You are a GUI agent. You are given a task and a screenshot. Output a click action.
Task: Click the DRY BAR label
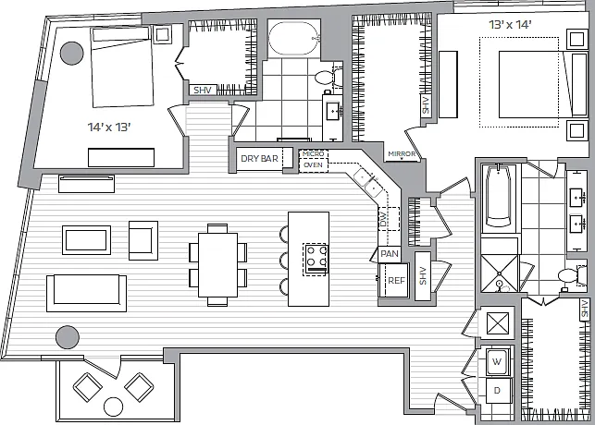259,158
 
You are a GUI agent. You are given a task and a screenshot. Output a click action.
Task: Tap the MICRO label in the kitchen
314,153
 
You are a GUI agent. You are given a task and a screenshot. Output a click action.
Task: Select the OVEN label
313,165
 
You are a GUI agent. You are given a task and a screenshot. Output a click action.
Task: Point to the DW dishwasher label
383,219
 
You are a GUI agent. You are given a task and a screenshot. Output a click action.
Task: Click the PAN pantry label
390,254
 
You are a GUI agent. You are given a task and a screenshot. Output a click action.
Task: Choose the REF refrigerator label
397,281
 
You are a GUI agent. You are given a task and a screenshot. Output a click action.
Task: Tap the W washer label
497,361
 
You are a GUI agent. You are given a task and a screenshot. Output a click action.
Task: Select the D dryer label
497,390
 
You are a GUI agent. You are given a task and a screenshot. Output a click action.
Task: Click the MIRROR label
402,153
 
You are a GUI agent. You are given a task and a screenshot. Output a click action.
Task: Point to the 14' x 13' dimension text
109,127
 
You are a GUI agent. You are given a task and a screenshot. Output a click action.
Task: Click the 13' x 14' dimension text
510,25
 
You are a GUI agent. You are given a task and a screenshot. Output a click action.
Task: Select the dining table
217,265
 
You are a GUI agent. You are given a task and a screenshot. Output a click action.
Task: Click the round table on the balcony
114,407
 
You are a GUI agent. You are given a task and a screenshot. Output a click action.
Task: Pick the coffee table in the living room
86,240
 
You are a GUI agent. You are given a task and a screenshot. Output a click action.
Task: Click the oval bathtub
293,39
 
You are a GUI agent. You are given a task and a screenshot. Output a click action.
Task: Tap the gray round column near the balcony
68,337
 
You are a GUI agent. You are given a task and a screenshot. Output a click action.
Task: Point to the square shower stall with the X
499,273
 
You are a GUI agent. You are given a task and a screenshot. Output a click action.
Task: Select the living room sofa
86,293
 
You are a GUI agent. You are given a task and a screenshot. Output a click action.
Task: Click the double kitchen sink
368,182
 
